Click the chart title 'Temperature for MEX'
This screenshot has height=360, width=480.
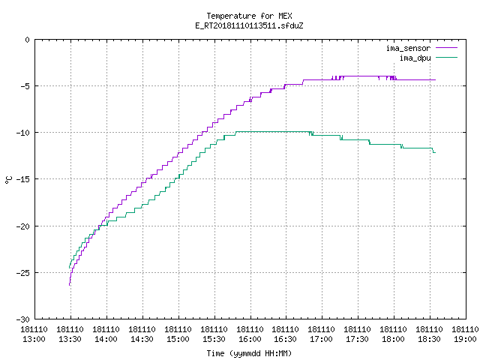(x=249, y=16)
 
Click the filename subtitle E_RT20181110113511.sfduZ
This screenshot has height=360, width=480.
(x=249, y=25)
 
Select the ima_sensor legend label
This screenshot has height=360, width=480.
(x=408, y=48)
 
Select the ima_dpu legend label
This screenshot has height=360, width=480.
(x=415, y=58)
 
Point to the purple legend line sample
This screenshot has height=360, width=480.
(x=446, y=48)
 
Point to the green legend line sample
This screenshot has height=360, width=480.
(x=446, y=58)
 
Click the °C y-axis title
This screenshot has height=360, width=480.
(x=8, y=180)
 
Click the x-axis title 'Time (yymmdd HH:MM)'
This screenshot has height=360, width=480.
(x=249, y=353)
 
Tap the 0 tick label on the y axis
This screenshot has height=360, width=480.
(x=28, y=40)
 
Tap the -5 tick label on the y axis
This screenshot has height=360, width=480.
(x=25, y=86)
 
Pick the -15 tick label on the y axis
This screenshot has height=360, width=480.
(x=23, y=179)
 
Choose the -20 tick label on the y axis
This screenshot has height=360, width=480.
(x=23, y=226)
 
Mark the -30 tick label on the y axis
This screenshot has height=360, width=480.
(x=23, y=319)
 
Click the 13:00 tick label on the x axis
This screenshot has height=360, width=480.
(x=34, y=339)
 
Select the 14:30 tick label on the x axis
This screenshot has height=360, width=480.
(x=142, y=339)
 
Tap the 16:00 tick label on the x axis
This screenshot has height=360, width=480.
(x=250, y=339)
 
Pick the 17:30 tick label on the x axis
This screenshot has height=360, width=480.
(x=358, y=339)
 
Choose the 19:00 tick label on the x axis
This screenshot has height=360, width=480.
(x=465, y=339)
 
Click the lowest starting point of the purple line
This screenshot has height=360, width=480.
(x=70, y=285)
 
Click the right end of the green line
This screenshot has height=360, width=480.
(x=435, y=152)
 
